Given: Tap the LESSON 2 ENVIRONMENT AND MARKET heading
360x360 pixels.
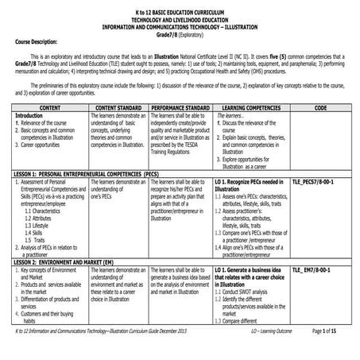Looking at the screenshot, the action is click(x=71, y=261).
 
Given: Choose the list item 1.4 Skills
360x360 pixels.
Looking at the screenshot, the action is click(x=37, y=232).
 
